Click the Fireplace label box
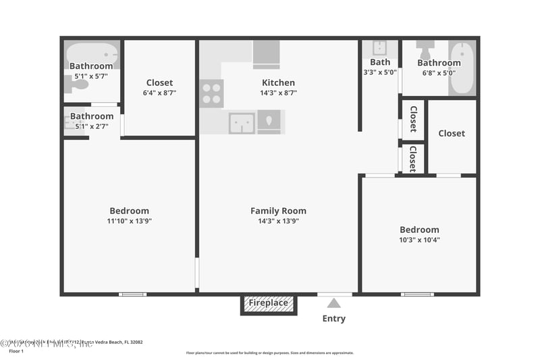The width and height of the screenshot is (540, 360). [269, 303]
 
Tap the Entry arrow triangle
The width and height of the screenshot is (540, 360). [334, 303]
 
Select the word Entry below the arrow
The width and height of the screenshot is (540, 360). [334, 319]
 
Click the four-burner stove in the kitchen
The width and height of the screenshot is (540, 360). [211, 93]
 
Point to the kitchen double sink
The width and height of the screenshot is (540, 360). [241, 122]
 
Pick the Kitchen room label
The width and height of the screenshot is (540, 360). [278, 83]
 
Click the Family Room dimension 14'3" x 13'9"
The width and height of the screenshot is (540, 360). [278, 221]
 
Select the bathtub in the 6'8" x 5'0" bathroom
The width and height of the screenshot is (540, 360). [462, 68]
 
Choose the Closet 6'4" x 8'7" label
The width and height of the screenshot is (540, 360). [159, 93]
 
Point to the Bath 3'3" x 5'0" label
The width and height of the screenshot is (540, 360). [380, 67]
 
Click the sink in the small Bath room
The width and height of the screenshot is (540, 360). [379, 48]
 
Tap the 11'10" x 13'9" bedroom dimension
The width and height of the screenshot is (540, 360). [130, 221]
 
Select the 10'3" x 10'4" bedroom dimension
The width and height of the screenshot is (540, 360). [419, 240]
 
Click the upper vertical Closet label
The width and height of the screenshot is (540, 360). [413, 120]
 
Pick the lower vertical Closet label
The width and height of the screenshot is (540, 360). [413, 159]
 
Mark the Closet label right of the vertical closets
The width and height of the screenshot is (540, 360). [452, 134]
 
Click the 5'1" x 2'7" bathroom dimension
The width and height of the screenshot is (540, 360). [92, 126]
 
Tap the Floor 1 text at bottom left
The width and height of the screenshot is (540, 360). [16, 351]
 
